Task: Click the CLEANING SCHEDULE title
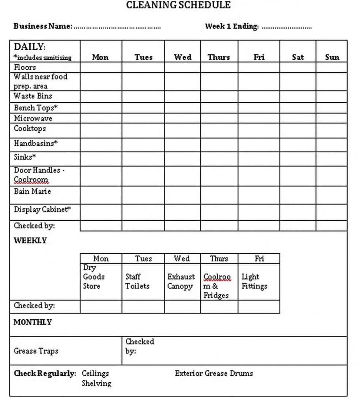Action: click(x=178, y=5)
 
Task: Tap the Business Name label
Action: click(x=42, y=26)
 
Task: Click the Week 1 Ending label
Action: click(x=232, y=26)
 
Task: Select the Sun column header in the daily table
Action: click(x=332, y=57)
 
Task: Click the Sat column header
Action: click(x=298, y=57)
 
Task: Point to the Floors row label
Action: click(x=25, y=67)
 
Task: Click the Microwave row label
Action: click(x=33, y=118)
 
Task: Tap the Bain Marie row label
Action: click(x=32, y=191)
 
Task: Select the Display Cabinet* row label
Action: click(x=42, y=210)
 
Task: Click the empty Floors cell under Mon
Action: click(x=101, y=67)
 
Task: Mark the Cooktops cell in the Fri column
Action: click(x=259, y=130)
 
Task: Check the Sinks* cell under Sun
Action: click(x=331, y=159)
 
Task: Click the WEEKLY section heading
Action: click(x=30, y=240)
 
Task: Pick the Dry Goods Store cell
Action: click(x=101, y=281)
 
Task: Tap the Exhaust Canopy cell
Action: click(x=181, y=281)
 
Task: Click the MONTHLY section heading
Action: click(x=33, y=322)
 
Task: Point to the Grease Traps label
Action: click(x=36, y=351)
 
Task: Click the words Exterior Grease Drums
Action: click(x=214, y=373)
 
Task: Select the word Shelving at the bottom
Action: click(x=96, y=383)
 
